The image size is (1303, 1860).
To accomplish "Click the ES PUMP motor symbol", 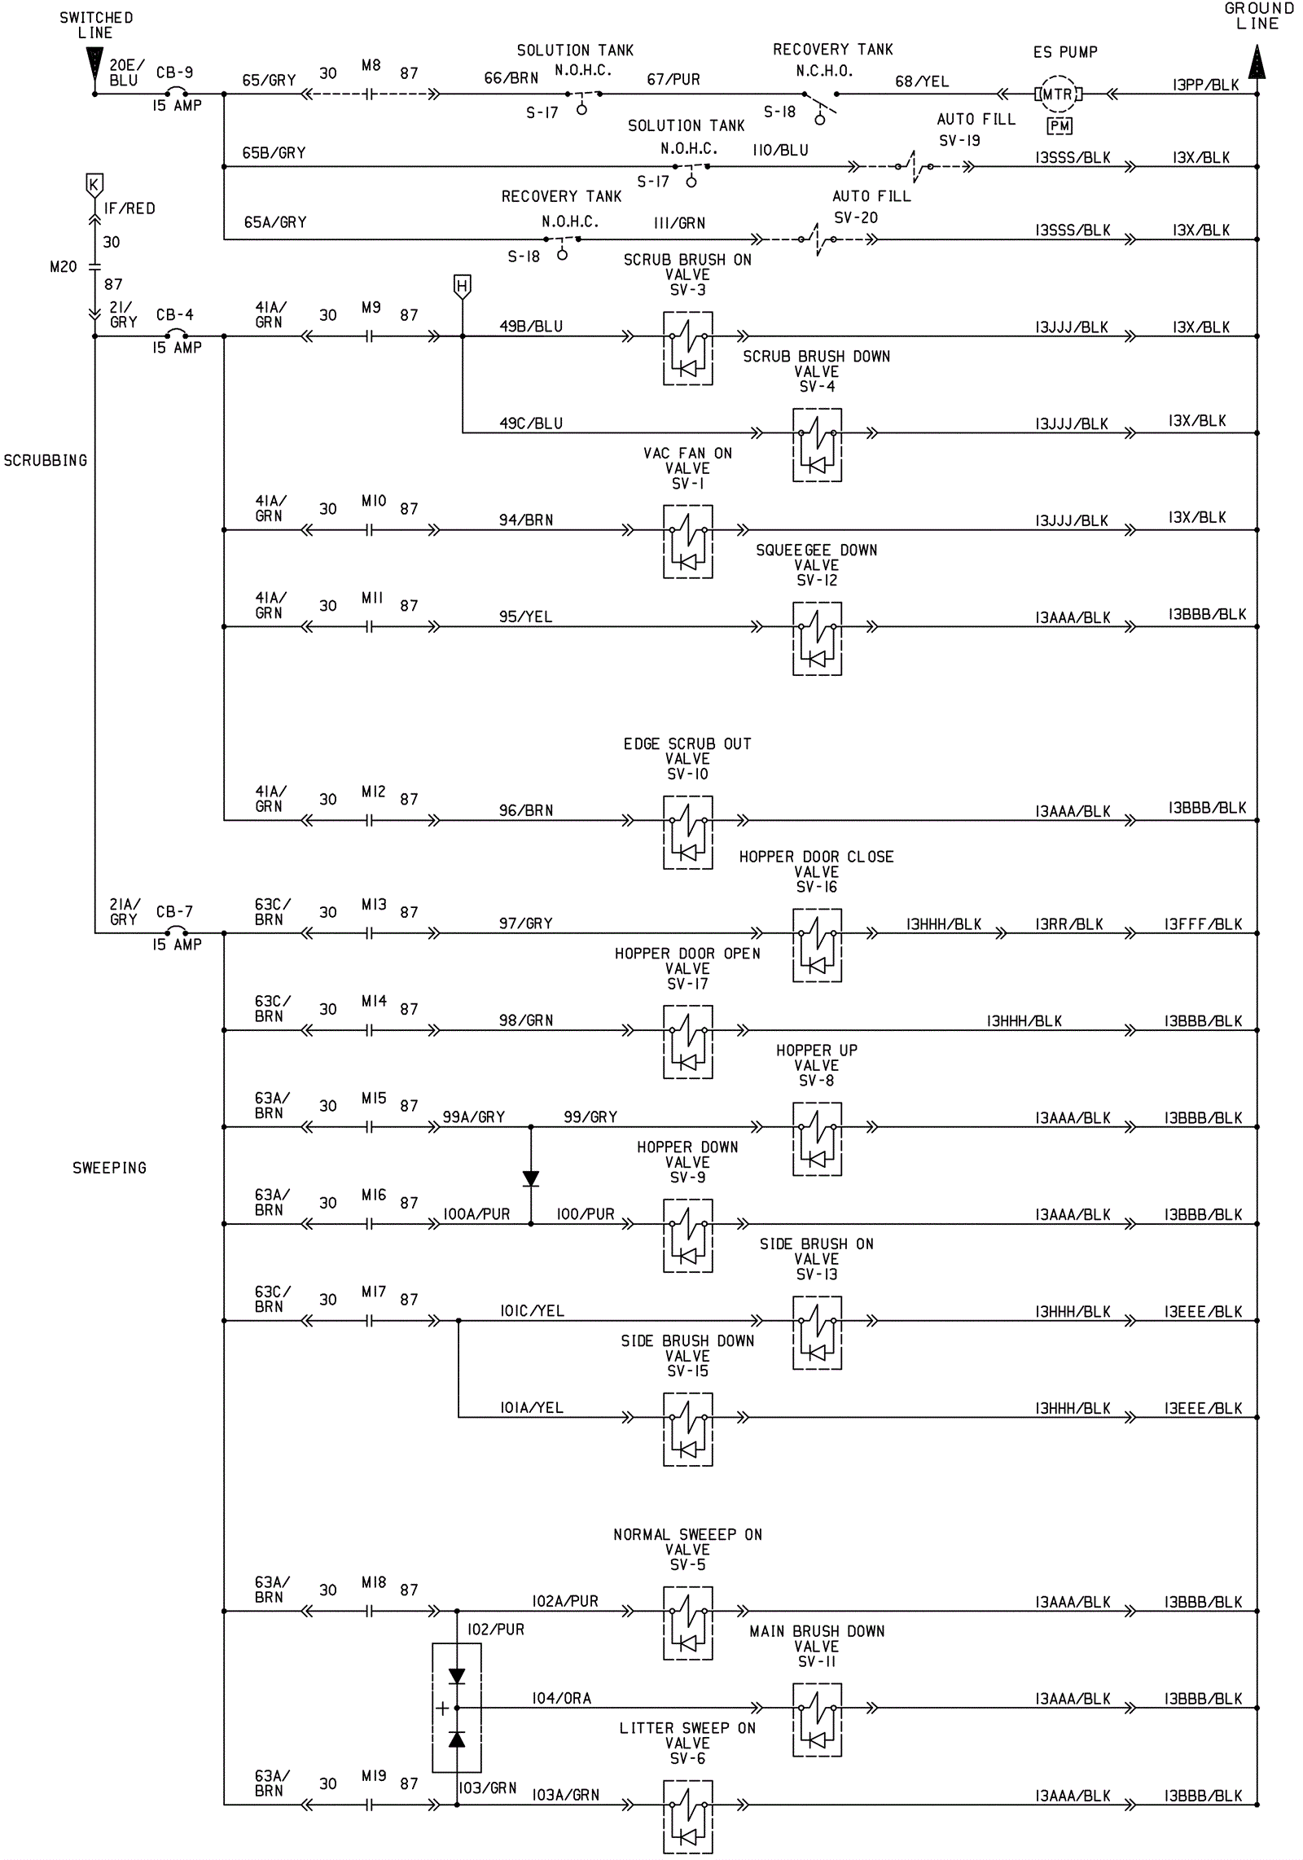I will point(1058,94).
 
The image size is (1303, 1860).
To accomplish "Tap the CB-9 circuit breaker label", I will point(174,72).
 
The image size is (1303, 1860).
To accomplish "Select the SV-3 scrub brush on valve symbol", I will point(688,349).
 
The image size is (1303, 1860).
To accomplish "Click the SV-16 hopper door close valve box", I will point(817,945).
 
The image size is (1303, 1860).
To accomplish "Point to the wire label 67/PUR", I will point(673,80).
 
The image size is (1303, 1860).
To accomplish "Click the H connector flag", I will point(463,286).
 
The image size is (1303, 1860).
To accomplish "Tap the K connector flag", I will point(94,184).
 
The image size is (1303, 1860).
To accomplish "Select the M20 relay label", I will point(64,267).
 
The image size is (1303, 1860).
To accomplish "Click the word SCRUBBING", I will point(46,461).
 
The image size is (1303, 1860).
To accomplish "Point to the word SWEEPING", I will point(109,1168).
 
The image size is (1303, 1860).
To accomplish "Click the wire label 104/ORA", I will point(561,1699).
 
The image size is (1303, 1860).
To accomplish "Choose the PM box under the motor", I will point(1060,126).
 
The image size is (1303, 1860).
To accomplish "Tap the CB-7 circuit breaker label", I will point(174,912).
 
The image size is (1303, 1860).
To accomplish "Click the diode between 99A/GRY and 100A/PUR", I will point(531,1178).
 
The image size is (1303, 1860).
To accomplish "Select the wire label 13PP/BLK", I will point(1205,85).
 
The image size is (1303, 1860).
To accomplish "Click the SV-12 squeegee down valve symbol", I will point(817,638).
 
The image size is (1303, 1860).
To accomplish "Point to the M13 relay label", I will point(374,905).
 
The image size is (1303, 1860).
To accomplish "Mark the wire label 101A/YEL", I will point(531,1408).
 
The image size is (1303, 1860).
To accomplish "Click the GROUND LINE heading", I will point(1258,16).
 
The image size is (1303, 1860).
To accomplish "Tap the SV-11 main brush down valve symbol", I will point(817,1720).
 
